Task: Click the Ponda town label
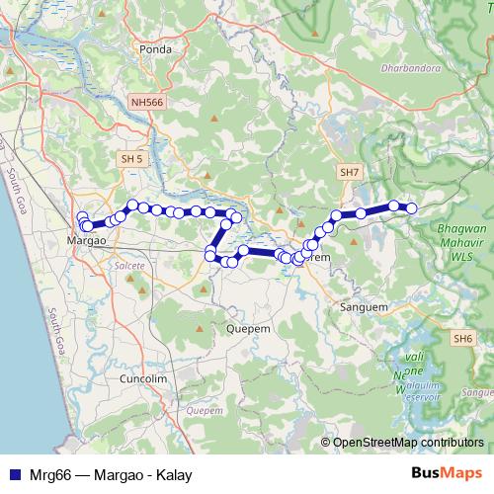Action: [156, 48]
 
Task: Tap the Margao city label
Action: [85, 240]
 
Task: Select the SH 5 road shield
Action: [130, 158]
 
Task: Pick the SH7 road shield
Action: [348, 172]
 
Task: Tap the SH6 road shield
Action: [463, 339]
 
